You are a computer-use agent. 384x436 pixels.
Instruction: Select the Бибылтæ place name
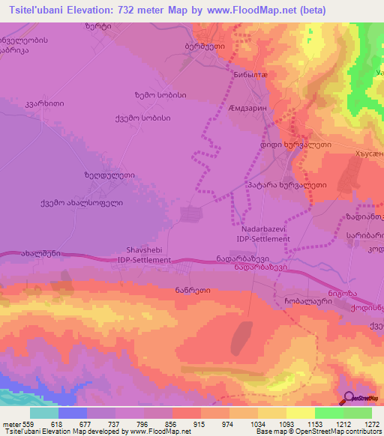(x=247, y=76)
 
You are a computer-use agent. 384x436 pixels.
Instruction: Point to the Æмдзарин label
(x=246, y=109)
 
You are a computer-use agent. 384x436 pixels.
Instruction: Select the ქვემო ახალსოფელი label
(x=81, y=202)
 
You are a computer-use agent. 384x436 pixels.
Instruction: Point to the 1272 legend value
(x=370, y=423)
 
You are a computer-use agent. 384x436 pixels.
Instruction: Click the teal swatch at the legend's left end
(x=44, y=413)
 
